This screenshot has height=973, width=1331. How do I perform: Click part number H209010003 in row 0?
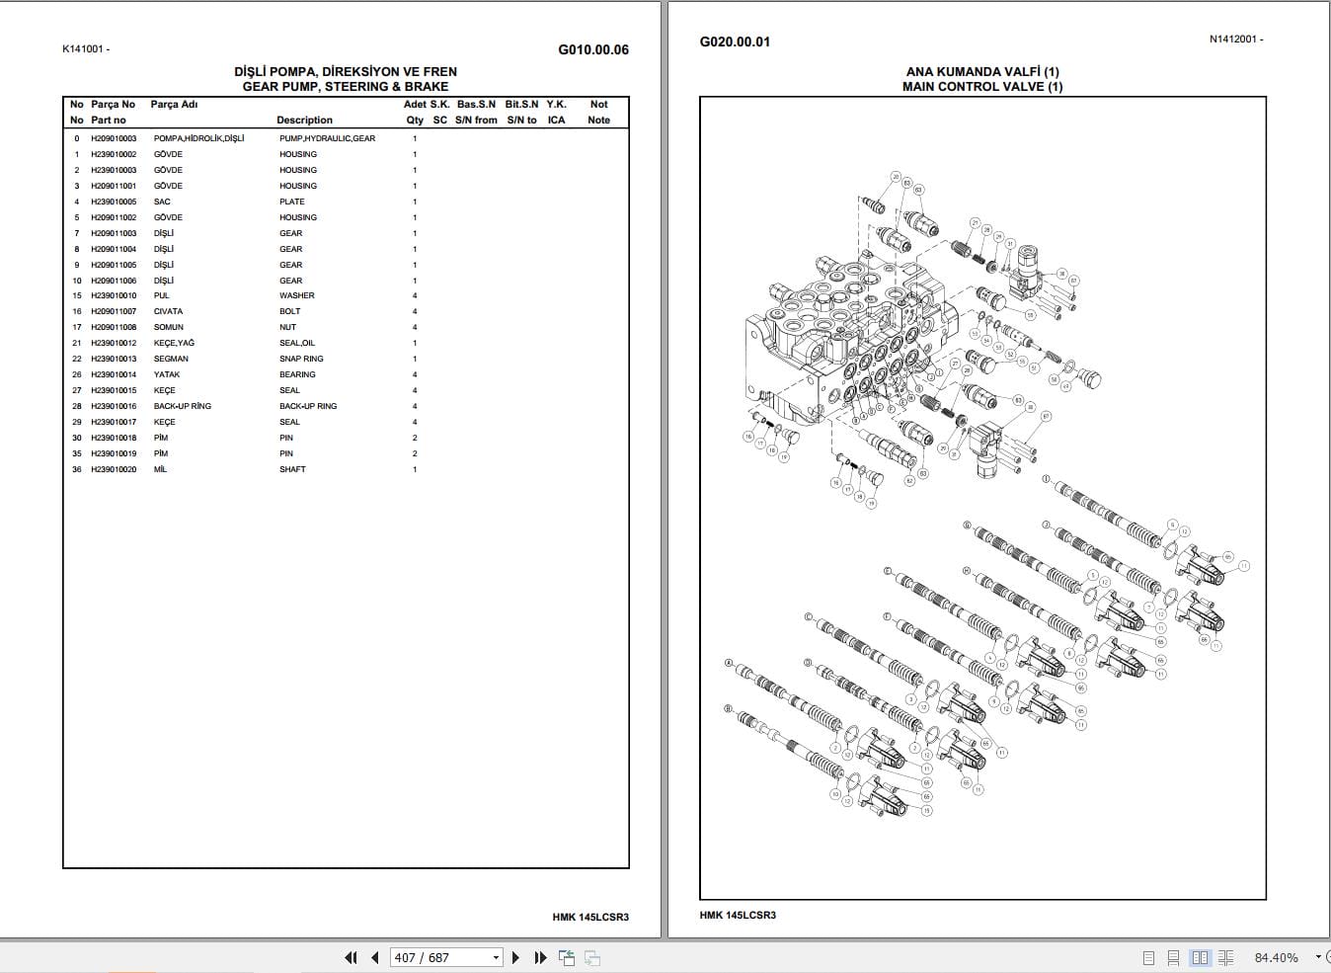click(x=114, y=138)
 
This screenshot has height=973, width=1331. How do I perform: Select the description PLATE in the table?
click(x=292, y=202)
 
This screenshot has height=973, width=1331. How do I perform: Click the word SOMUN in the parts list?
click(x=169, y=327)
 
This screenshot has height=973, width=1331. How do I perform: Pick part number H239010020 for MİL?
click(x=114, y=469)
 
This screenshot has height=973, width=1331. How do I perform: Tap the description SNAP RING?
click(x=301, y=359)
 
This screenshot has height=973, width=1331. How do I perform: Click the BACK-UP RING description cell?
click(x=307, y=406)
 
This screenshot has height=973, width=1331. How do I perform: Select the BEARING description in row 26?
click(x=297, y=374)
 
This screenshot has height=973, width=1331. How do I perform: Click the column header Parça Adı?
click(x=174, y=104)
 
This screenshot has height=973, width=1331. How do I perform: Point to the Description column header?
click(x=304, y=120)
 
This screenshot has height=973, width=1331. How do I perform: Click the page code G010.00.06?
click(x=592, y=49)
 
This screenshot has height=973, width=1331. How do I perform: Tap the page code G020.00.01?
click(x=735, y=41)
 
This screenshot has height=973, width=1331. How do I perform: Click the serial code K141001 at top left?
click(x=86, y=48)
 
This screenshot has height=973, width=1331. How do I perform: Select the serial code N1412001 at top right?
click(x=1235, y=40)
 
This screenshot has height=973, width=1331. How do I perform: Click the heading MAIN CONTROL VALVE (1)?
click(x=981, y=86)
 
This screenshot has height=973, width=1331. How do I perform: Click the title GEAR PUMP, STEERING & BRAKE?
click(x=345, y=86)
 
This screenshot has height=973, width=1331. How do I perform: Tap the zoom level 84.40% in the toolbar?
click(x=1276, y=957)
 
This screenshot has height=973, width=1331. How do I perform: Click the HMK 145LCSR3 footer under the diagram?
click(x=738, y=915)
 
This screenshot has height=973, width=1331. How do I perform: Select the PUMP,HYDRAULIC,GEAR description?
click(x=327, y=138)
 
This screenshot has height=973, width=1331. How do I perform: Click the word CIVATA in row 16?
click(x=168, y=311)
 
